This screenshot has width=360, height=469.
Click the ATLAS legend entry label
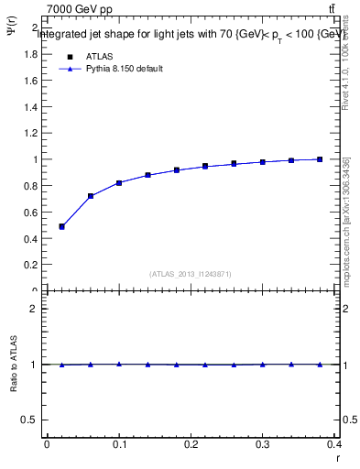tap(100, 56)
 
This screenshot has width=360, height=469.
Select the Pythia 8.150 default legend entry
tap(124, 69)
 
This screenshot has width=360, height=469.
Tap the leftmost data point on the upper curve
tap(61, 226)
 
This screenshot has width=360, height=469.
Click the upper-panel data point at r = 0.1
tap(119, 183)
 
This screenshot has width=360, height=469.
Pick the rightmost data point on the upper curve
tap(320, 159)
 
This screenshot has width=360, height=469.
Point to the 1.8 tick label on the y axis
tap(31, 54)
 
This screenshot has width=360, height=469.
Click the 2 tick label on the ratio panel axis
tap(34, 309)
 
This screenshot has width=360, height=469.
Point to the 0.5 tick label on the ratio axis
tap(30, 420)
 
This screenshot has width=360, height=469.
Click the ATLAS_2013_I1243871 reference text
tap(190, 274)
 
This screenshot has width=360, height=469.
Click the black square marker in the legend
tap(70, 56)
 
